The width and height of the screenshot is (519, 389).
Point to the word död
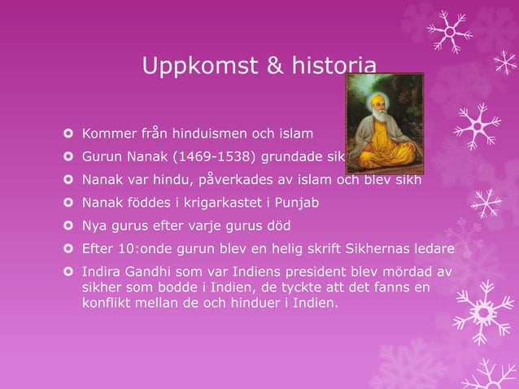pyautogui.click(x=277, y=225)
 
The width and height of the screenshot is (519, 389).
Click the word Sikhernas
pyautogui.click(x=373, y=248)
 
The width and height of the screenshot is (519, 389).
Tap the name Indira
pyautogui.click(x=99, y=271)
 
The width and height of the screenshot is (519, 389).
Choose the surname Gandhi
pyautogui.click(x=144, y=271)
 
